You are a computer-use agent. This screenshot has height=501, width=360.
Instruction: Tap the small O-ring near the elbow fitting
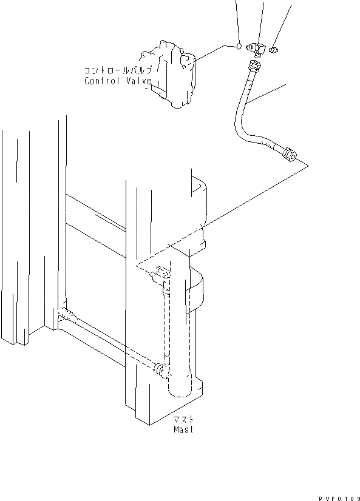pyautogui.click(x=240, y=45)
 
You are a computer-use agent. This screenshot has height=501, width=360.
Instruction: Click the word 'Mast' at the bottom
pyautogui.click(x=182, y=429)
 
